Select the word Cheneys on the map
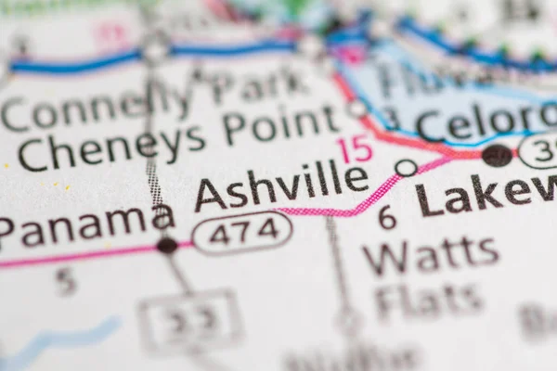point(111,147)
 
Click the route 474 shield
point(242,231)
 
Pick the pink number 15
point(355,148)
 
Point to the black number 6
point(386,217)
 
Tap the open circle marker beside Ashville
point(406,168)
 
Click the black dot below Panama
point(167,245)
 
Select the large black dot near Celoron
point(497,155)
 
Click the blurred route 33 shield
point(190,321)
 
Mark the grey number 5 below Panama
point(64,280)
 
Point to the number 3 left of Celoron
point(391,119)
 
